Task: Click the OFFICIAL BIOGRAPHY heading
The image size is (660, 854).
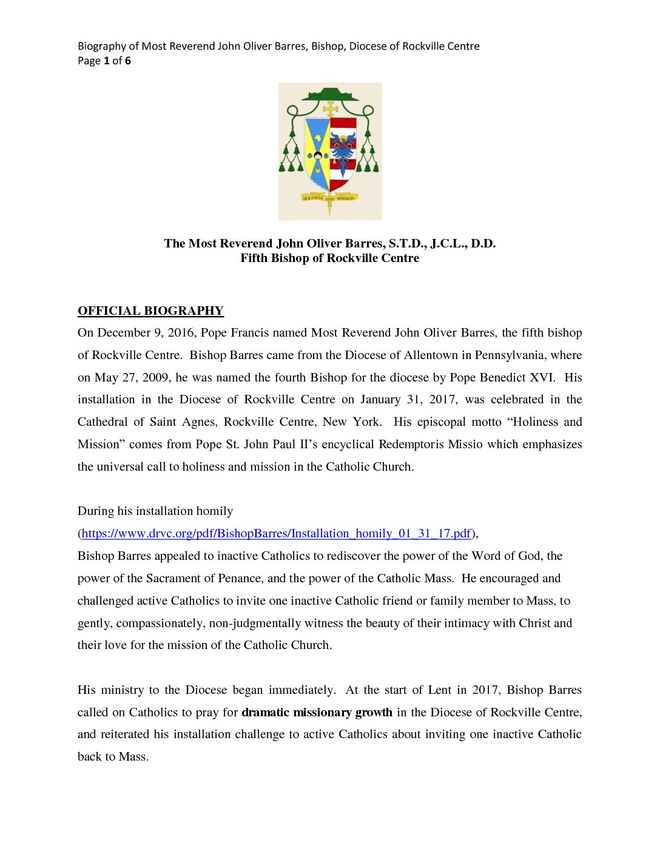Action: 150,311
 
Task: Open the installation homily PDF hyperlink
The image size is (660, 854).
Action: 276,534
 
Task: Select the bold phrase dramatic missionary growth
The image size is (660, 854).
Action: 317,712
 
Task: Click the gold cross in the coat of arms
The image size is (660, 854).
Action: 330,109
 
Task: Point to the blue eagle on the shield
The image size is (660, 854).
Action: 343,148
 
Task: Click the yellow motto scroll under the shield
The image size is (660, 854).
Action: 329,198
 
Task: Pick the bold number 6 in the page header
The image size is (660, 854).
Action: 128,61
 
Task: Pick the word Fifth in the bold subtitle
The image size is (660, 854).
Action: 254,258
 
